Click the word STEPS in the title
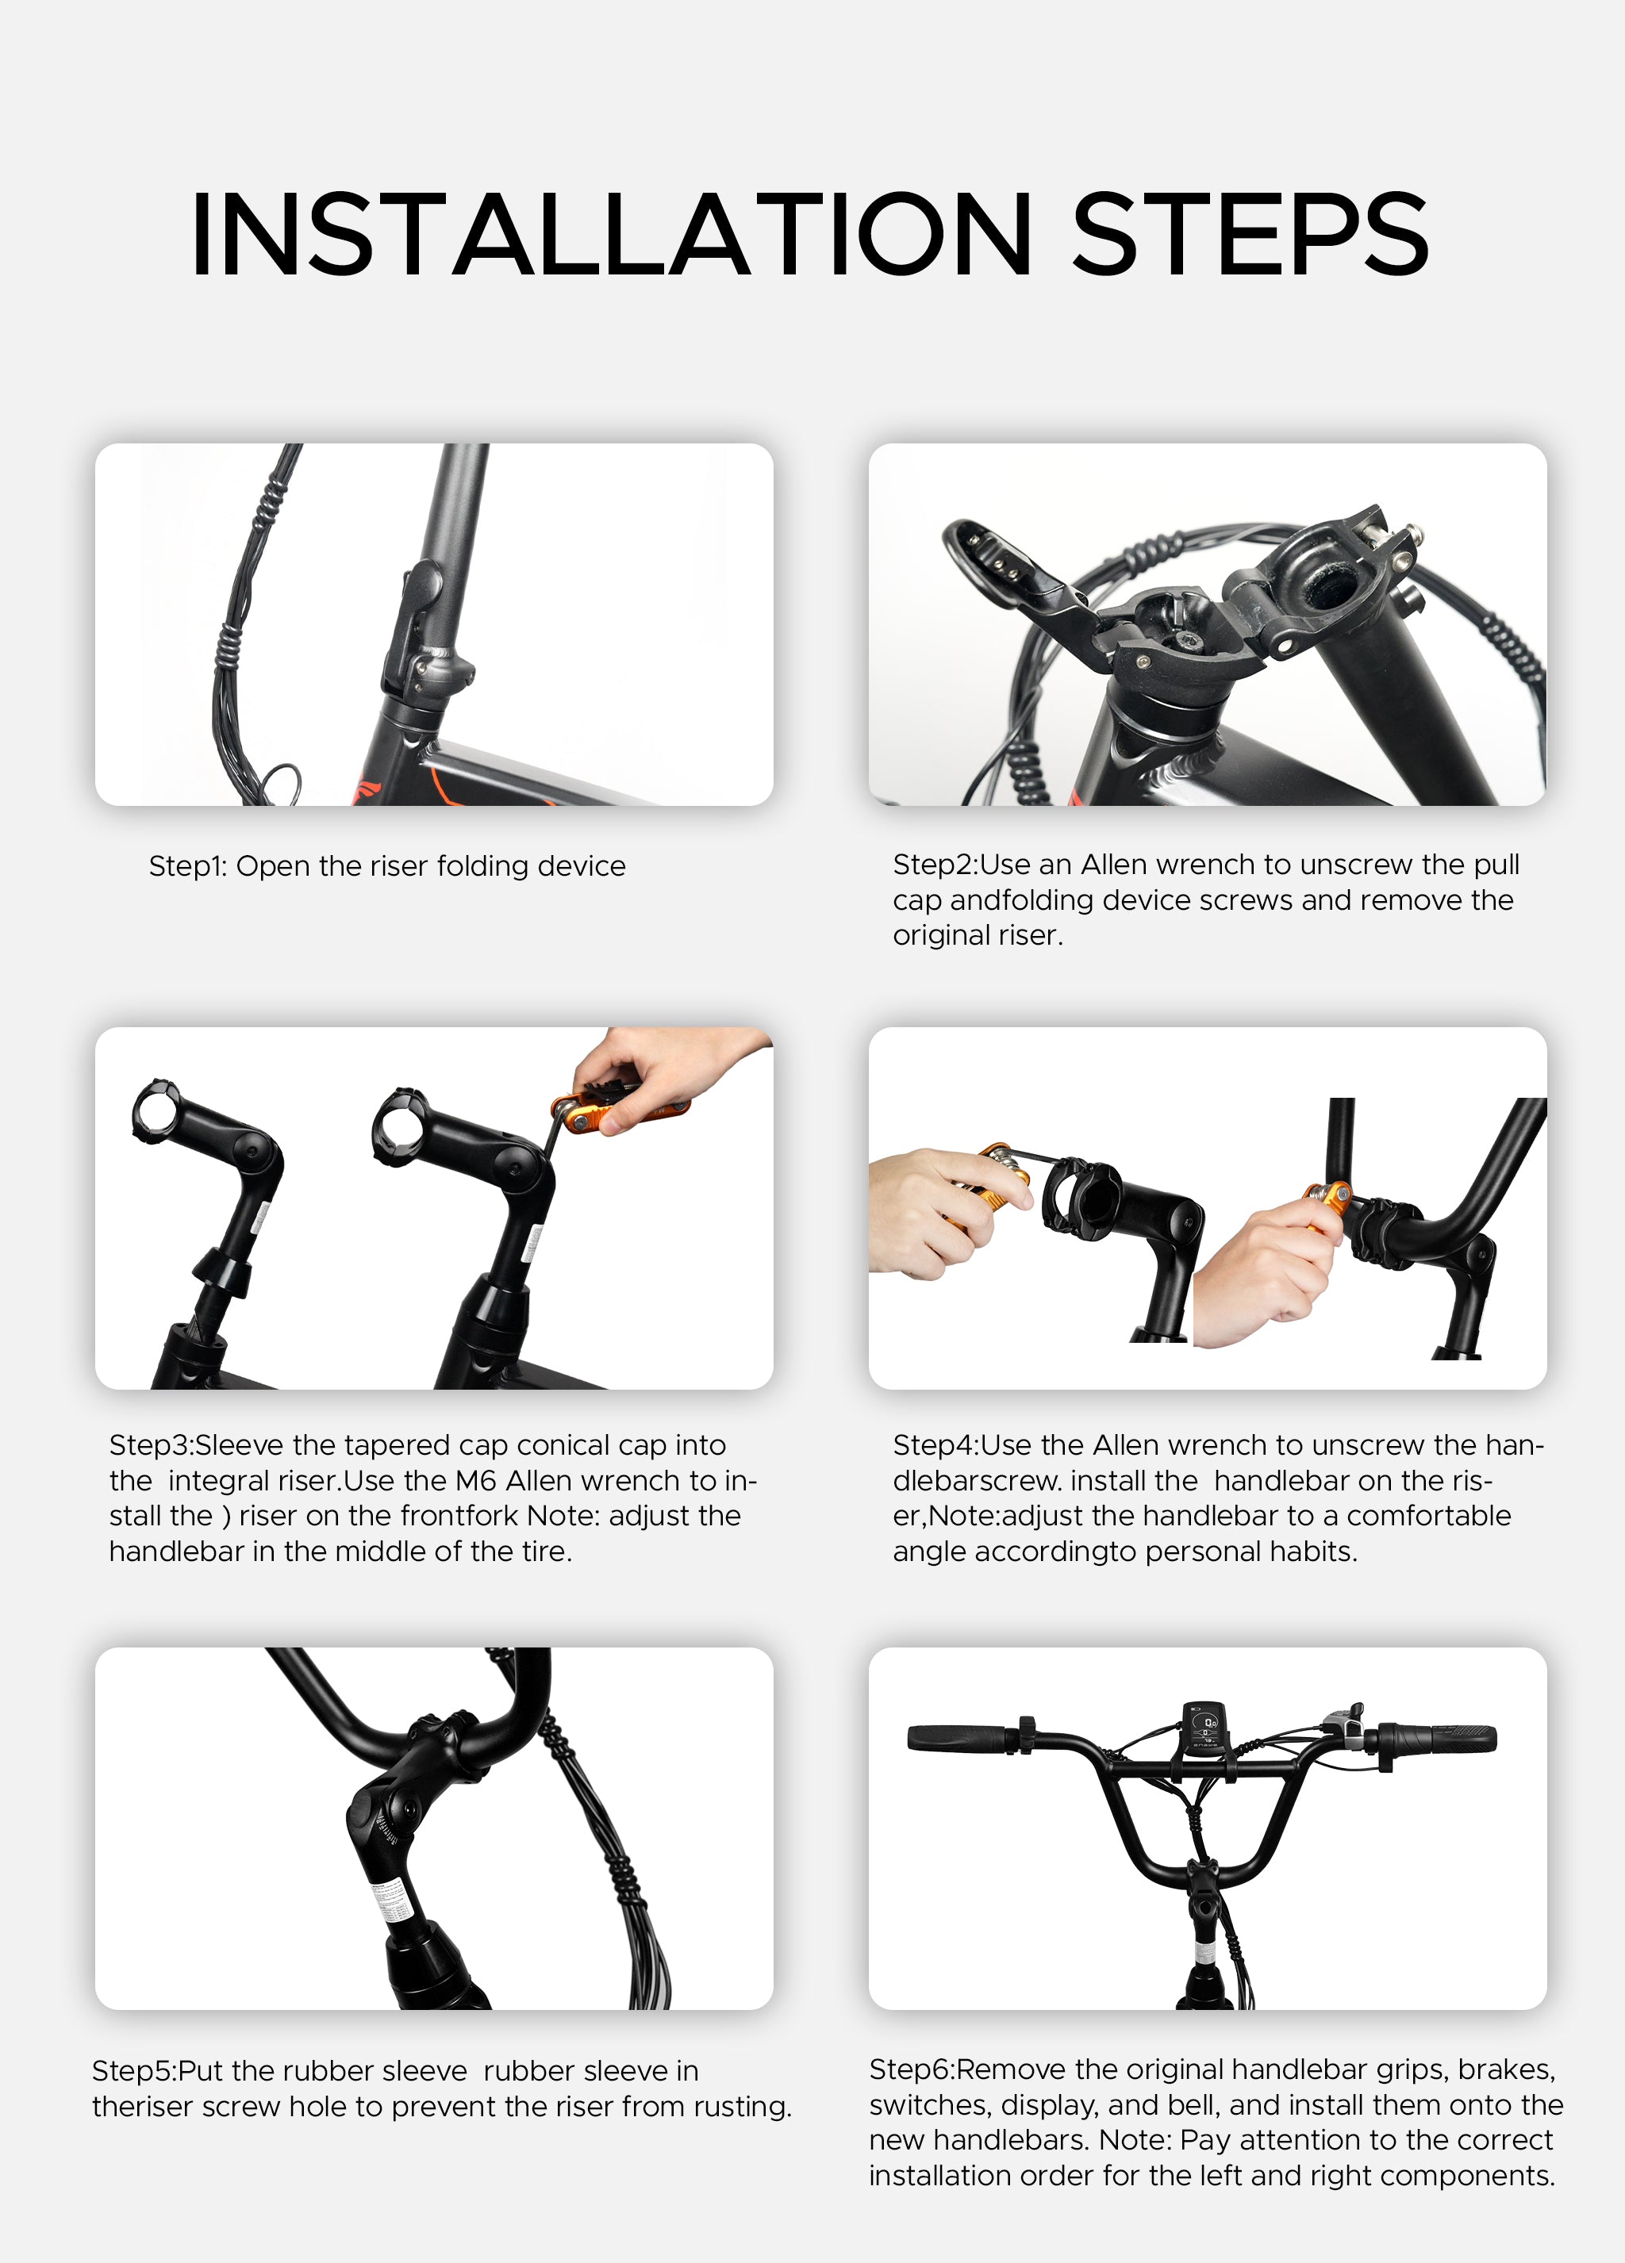pos(1250,235)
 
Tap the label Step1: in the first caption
pos(188,866)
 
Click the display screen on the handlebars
pos(1204,1725)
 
